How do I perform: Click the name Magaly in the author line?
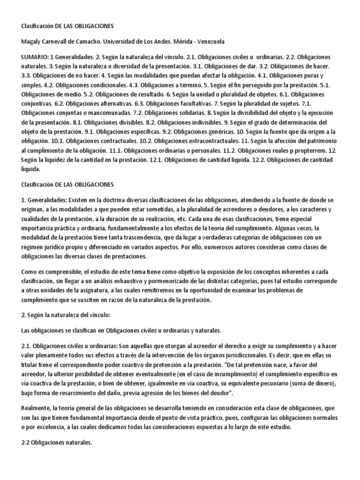click(x=33, y=41)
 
